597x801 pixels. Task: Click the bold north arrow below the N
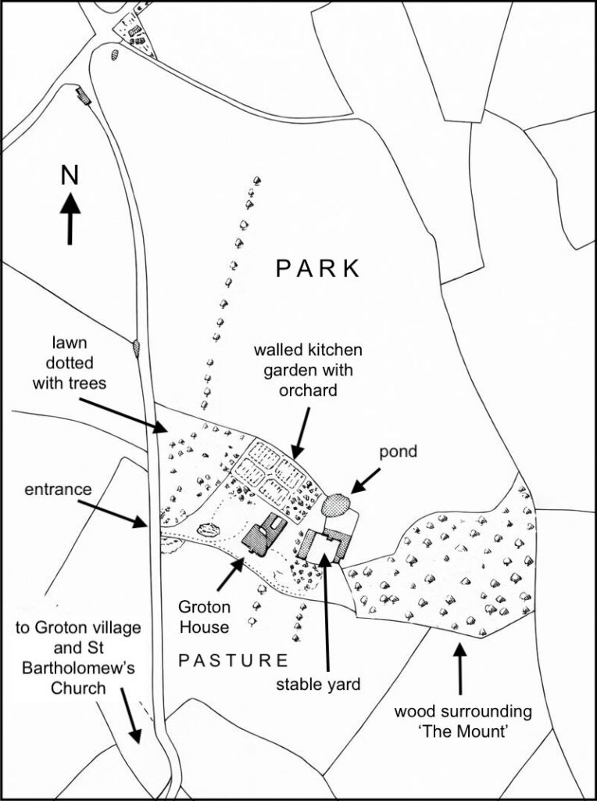pos(70,218)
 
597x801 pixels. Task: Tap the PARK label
pos(318,268)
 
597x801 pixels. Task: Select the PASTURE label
pos(234,659)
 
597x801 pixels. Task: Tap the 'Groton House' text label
pos(203,616)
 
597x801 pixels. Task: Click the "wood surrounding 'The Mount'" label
pos(463,721)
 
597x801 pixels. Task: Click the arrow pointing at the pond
pos(366,480)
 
